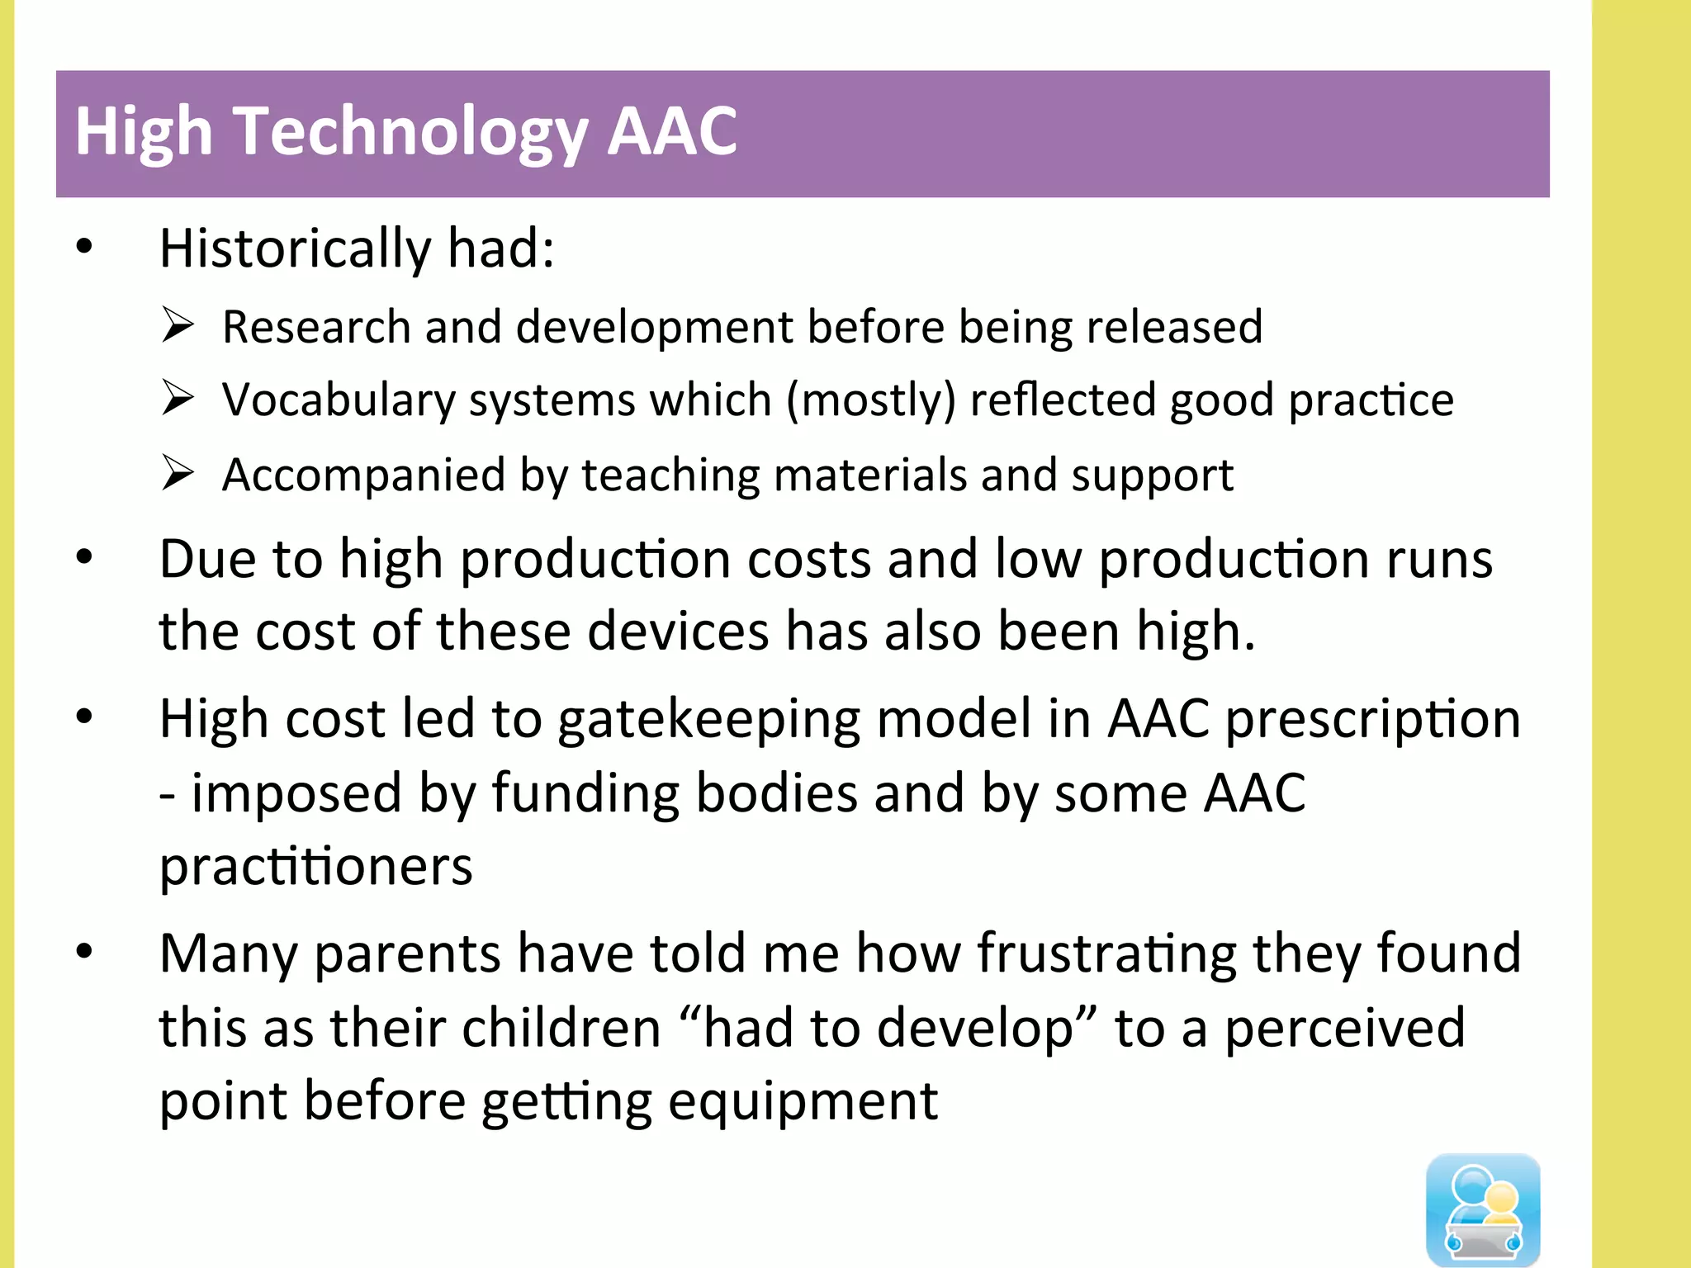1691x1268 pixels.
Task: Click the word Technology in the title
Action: pyautogui.click(x=410, y=132)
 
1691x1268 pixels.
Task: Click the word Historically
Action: pyautogui.click(x=296, y=248)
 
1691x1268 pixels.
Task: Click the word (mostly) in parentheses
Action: pyautogui.click(x=870, y=401)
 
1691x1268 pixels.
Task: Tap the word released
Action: pyautogui.click(x=1174, y=327)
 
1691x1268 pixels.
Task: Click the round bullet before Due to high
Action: pyautogui.click(x=84, y=557)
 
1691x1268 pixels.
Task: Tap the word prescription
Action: pyautogui.click(x=1371, y=720)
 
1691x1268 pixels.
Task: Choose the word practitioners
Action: pyautogui.click(x=315, y=868)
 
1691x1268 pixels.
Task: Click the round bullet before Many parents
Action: pyautogui.click(x=84, y=952)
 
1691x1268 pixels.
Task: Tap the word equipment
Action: pyautogui.click(x=803, y=1103)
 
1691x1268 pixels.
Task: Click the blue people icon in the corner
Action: pyautogui.click(x=1483, y=1209)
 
